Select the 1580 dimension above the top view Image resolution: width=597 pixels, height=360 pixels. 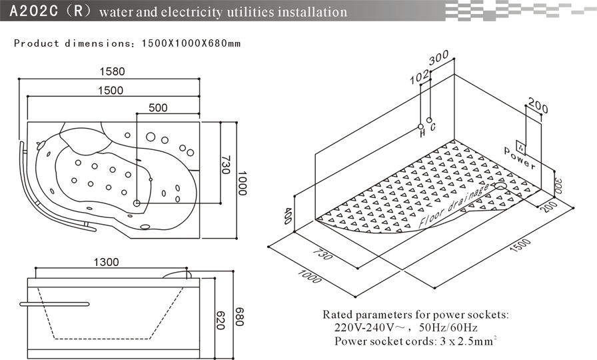click(x=112, y=72)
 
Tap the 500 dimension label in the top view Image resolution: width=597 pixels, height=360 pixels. click(x=158, y=107)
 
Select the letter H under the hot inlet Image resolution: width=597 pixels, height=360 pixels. click(x=422, y=133)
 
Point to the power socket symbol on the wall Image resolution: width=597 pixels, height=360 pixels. click(x=521, y=143)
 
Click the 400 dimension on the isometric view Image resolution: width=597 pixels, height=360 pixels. click(x=288, y=215)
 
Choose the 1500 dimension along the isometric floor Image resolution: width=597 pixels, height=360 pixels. click(x=520, y=251)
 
